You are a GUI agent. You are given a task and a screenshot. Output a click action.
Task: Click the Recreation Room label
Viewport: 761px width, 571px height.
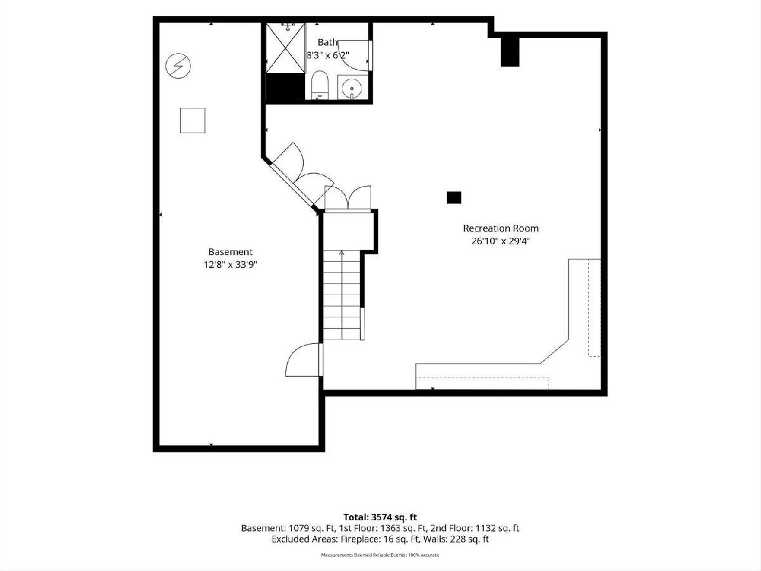point(500,228)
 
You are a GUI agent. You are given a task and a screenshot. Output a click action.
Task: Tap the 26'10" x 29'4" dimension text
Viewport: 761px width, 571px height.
point(500,241)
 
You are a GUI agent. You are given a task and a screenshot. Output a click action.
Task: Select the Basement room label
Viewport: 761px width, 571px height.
point(230,252)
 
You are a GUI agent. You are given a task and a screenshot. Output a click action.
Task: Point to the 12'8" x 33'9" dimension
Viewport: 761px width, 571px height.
point(230,265)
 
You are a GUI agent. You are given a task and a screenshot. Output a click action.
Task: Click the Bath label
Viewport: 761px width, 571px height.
point(327,43)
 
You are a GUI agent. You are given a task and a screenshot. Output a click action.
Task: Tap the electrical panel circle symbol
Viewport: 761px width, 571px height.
point(178,65)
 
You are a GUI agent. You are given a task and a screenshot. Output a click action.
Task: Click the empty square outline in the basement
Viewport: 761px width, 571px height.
point(192,121)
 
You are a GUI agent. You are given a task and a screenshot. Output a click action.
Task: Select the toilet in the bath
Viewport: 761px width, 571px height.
point(320,85)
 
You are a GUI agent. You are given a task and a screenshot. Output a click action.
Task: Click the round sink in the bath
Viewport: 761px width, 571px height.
point(351,88)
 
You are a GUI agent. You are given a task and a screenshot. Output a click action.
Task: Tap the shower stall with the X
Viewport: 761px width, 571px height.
point(285,48)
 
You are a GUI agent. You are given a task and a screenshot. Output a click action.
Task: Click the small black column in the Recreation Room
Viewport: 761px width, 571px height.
point(454,197)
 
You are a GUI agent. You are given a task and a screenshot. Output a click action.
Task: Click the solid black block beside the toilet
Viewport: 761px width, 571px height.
point(285,87)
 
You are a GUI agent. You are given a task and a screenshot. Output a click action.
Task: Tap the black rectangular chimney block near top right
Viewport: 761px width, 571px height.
point(510,51)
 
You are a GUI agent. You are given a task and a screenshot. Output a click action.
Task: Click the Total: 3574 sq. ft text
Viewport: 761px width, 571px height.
point(380,517)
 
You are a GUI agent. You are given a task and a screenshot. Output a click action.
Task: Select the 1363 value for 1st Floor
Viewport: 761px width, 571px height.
point(392,528)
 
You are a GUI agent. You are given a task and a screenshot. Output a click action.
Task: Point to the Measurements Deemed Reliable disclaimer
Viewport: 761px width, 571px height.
point(380,555)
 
